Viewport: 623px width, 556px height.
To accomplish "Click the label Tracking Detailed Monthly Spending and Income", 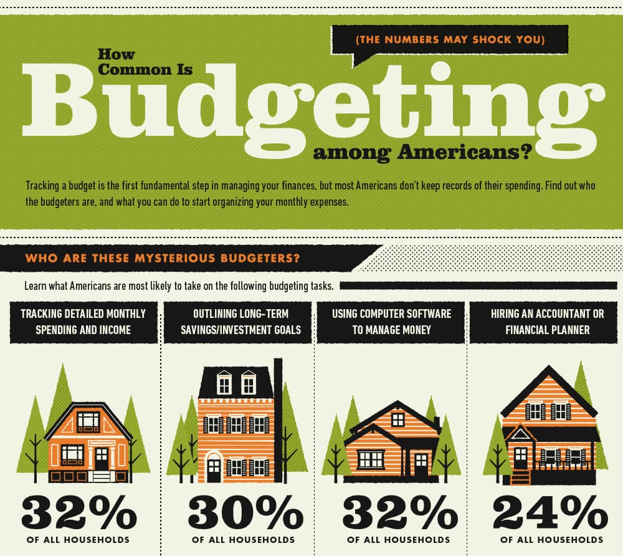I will coord(83,321).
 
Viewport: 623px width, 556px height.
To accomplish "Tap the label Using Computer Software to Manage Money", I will coord(391,321).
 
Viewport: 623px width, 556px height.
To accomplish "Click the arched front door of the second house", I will coord(214,467).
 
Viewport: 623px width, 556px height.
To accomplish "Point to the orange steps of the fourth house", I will coord(520,477).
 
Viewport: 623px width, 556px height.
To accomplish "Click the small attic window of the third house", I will coord(397,419).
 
